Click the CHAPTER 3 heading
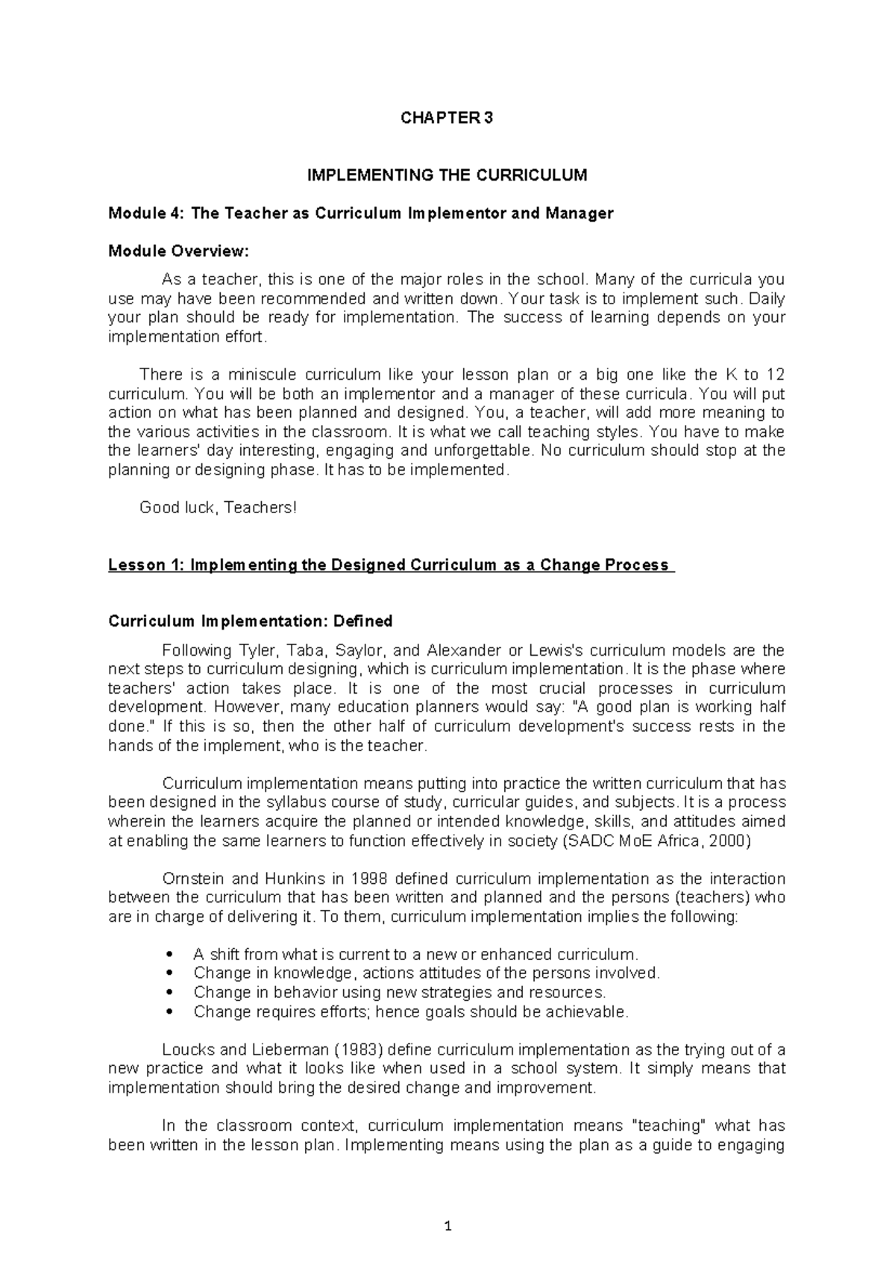(x=447, y=118)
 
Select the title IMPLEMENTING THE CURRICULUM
(x=447, y=175)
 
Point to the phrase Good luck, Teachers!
(x=219, y=508)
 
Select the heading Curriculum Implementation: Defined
(x=251, y=621)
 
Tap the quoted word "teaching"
(x=669, y=1126)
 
